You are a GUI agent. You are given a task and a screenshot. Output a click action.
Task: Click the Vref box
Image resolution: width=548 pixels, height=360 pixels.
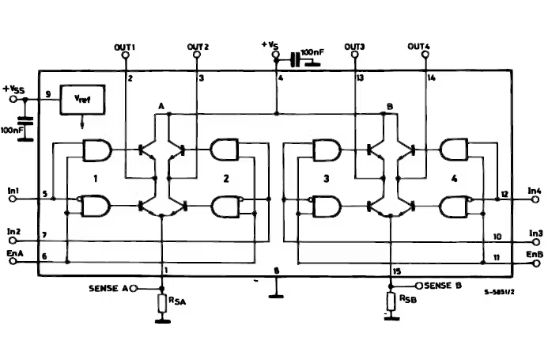82,100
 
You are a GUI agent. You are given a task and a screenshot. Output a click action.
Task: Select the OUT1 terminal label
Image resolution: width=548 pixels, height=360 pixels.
125,47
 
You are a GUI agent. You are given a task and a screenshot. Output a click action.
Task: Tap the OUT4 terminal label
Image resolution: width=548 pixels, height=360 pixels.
419,47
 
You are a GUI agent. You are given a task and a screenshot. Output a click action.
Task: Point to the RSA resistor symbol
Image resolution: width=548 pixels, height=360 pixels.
163,302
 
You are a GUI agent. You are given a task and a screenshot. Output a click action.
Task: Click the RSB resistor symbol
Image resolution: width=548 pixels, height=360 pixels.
391,301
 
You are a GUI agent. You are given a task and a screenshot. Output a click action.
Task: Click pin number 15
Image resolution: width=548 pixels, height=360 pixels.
397,272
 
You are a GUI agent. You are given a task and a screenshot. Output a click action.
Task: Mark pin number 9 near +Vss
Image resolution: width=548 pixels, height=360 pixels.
48,95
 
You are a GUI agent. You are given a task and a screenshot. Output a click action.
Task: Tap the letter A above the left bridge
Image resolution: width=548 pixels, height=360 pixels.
161,106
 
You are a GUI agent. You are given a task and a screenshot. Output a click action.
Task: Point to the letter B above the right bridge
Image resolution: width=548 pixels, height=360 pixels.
389,106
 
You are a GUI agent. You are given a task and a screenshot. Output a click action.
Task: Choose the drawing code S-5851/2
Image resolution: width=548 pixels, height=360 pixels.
500,292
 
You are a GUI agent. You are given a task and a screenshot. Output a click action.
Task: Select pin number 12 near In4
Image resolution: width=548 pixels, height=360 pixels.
504,195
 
